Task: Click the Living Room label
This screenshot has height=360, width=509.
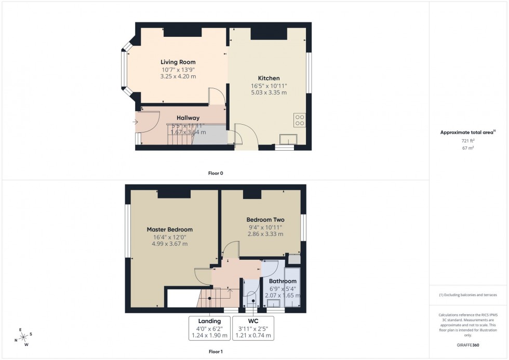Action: (x=178, y=62)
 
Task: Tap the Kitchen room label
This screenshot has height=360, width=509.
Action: (x=269, y=78)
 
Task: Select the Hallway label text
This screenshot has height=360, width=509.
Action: (x=187, y=118)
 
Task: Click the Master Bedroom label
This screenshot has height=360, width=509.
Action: (x=169, y=230)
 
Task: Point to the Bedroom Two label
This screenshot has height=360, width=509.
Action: (x=265, y=220)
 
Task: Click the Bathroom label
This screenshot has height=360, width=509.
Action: (x=283, y=281)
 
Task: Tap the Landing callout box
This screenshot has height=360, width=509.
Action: (x=210, y=328)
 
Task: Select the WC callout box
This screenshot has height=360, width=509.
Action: (x=253, y=328)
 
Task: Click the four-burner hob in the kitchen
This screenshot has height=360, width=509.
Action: (x=300, y=120)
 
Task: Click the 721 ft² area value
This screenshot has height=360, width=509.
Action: (x=468, y=141)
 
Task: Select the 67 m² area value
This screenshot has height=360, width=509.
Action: (x=468, y=148)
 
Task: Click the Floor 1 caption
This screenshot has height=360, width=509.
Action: (x=215, y=352)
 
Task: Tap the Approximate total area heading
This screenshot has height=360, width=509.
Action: (x=468, y=132)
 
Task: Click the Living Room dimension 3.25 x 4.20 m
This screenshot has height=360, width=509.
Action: (x=178, y=76)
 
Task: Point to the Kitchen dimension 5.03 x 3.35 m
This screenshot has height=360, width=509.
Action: (x=269, y=92)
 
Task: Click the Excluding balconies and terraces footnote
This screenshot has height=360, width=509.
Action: (x=468, y=295)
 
